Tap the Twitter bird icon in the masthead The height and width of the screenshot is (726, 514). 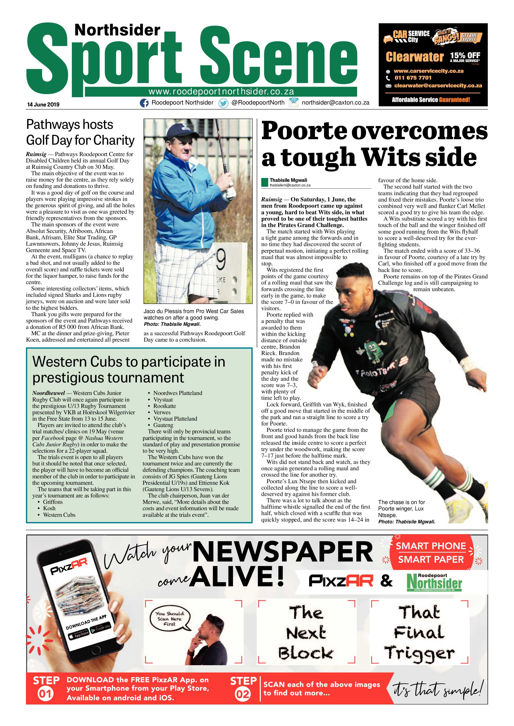pyautogui.click(x=223, y=103)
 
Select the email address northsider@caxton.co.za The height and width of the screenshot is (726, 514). pyautogui.click(x=336, y=103)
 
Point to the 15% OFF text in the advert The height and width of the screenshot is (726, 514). pyautogui.click(x=465, y=56)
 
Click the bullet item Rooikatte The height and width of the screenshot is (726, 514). pyautogui.click(x=165, y=406)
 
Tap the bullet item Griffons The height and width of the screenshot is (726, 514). pyautogui.click(x=53, y=502)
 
